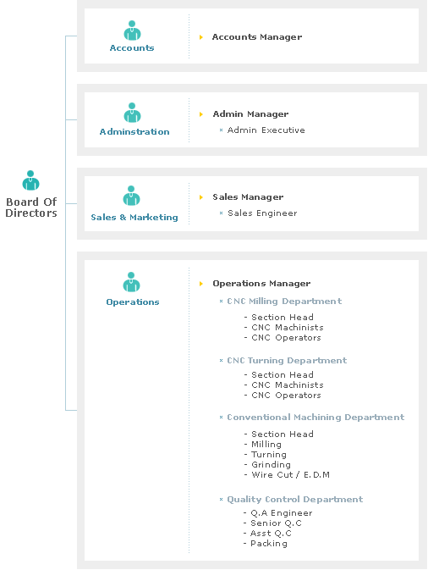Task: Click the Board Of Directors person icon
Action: point(30,180)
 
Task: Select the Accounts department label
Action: point(132,48)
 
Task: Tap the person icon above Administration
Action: point(132,113)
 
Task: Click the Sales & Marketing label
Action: point(134,218)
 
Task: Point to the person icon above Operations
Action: point(131,282)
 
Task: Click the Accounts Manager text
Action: point(257,37)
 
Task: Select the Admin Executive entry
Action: point(266,130)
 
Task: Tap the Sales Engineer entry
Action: point(262,213)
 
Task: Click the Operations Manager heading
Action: point(261,284)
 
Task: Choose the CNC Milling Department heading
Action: point(284,302)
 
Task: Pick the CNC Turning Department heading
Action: point(287,361)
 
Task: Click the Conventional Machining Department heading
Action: point(316,418)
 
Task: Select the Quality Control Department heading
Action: point(294,500)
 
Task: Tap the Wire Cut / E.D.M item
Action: point(290,475)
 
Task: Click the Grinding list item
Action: point(271,465)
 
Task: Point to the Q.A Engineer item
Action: point(282,513)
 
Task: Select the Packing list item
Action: point(269,544)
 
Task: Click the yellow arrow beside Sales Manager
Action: point(201,197)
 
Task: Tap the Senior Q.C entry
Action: point(276,523)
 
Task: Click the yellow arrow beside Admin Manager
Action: point(201,114)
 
